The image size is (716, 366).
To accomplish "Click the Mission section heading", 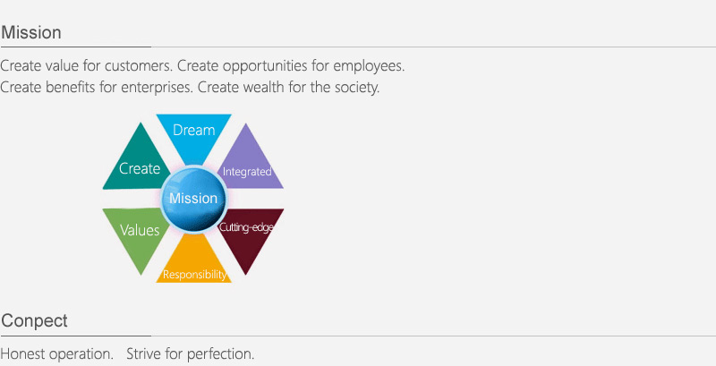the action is tap(31, 33).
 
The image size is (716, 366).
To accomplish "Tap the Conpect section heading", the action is tap(34, 321).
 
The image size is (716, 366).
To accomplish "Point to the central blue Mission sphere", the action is tap(193, 199).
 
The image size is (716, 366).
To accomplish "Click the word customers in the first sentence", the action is tap(139, 66).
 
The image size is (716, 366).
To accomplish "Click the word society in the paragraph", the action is tap(356, 87).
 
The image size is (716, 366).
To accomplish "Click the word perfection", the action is tap(220, 354).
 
